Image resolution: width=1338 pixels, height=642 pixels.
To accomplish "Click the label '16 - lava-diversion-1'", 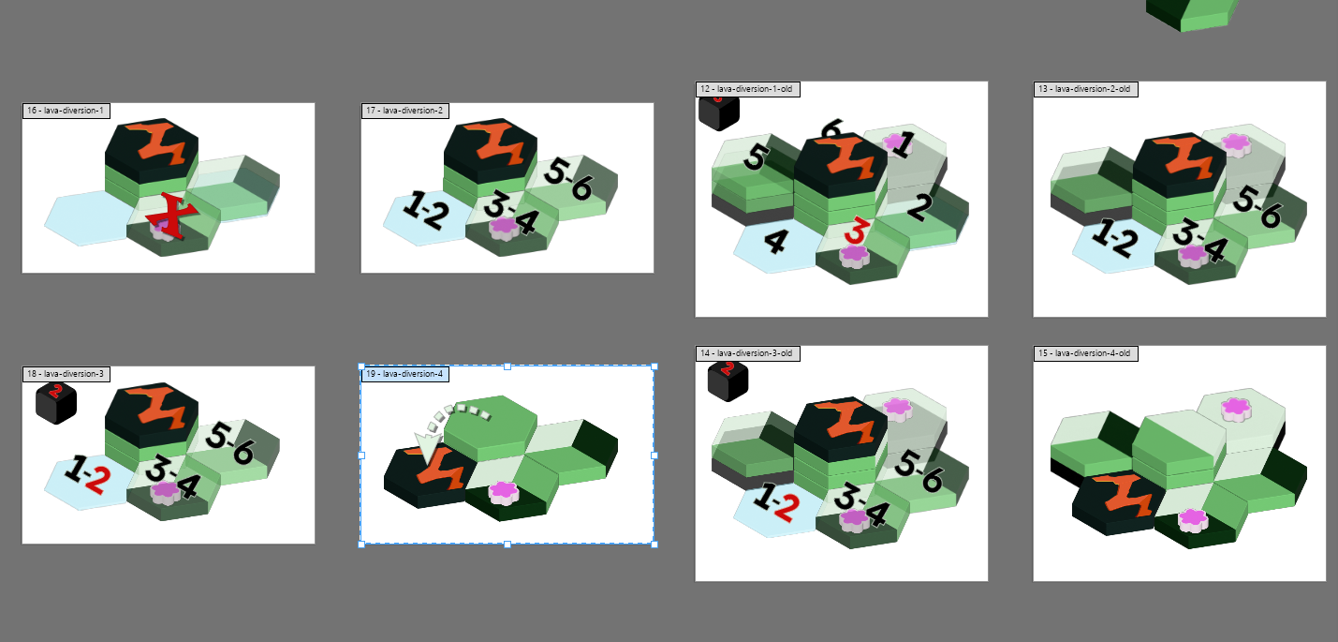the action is (x=66, y=111).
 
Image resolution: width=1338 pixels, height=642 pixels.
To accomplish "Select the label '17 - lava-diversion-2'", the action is (x=405, y=111).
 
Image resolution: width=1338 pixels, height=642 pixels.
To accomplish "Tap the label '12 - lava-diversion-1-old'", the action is (x=747, y=89).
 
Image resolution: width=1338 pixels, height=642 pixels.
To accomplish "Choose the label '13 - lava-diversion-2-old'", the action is (x=1085, y=89).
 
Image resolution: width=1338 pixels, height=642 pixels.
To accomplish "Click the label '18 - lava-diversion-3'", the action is (x=66, y=374).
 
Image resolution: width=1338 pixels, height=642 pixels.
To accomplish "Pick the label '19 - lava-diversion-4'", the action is (x=405, y=374).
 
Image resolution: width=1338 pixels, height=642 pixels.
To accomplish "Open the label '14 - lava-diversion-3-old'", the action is (x=747, y=353).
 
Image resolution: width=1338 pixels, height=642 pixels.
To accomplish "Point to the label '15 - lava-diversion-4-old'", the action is (x=1085, y=353).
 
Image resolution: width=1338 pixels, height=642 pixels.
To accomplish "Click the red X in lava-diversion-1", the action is (x=172, y=216).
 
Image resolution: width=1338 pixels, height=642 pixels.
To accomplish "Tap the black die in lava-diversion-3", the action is (x=56, y=404).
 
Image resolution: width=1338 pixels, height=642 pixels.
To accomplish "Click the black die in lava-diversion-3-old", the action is (x=728, y=381).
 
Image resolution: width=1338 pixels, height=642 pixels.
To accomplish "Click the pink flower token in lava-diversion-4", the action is (x=504, y=493).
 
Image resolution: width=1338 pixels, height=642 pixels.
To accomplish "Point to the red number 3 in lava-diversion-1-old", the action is (x=857, y=231).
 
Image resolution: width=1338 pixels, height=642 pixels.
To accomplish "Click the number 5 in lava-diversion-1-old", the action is (x=756, y=157).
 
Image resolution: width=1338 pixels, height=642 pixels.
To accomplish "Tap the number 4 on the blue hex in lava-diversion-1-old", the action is (x=776, y=242).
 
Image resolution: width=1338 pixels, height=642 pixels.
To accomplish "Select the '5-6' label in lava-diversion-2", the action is (x=568, y=178).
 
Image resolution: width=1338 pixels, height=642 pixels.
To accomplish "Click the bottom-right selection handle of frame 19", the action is (x=654, y=545).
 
